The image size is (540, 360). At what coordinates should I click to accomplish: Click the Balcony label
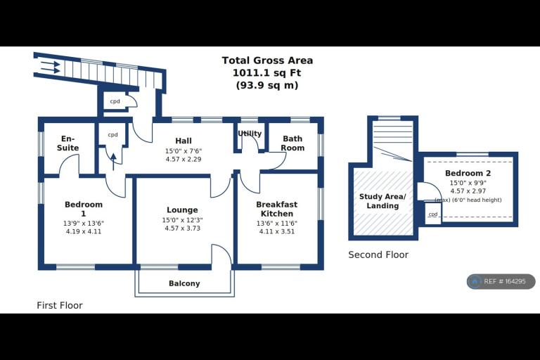point(184,283)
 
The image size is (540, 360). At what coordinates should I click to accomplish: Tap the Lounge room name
point(182,210)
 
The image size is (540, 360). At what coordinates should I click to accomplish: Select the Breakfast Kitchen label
point(276,209)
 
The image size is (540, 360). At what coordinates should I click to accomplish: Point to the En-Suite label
point(67,143)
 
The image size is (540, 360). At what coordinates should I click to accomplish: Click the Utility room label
point(250,134)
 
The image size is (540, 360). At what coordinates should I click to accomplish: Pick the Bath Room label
point(292,143)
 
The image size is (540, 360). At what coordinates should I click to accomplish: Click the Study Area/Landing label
point(382,201)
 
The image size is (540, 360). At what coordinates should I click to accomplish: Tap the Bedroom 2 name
point(468,173)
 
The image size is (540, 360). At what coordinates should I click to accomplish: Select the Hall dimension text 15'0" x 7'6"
point(184,151)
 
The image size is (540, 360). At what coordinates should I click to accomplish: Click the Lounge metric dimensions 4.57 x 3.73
point(183,228)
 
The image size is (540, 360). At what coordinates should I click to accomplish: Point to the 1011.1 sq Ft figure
point(267,73)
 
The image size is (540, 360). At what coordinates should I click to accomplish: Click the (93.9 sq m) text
point(267,85)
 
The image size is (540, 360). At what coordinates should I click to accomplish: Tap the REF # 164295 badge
point(501,281)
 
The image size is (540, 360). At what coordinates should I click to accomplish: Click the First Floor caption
point(60,306)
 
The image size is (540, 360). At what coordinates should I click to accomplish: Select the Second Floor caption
point(378,255)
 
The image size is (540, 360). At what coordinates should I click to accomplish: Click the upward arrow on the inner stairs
point(113,162)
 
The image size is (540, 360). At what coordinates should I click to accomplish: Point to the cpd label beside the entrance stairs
point(115,101)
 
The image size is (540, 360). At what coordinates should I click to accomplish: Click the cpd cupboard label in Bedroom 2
point(433,214)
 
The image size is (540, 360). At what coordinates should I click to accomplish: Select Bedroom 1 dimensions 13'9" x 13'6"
point(84,223)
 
